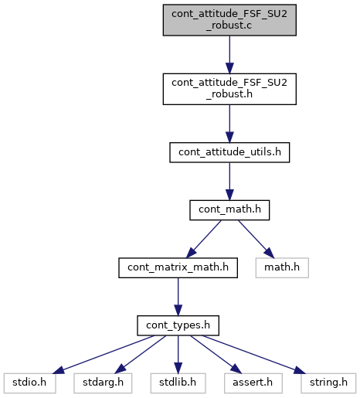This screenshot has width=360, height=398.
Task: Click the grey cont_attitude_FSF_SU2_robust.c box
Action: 229,20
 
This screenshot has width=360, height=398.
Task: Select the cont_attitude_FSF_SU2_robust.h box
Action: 229,89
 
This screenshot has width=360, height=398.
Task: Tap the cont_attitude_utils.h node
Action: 229,152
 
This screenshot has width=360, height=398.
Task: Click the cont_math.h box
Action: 229,210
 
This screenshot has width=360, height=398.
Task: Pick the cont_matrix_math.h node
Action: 178,268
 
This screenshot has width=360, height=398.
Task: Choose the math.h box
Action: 282,268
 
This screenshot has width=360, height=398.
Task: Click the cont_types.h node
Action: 178,325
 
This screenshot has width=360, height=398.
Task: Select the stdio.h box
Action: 29,383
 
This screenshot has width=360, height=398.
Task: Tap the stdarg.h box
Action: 103,383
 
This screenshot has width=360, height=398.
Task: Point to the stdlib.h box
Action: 178,383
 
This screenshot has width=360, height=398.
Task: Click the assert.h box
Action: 253,383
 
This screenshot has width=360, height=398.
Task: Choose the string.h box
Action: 328,383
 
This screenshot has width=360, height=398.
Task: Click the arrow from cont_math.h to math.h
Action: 256,239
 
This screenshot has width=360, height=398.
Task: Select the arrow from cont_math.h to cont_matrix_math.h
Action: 203,239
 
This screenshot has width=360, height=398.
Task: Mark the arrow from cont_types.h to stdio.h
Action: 104,355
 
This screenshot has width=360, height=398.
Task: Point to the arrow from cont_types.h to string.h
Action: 253,355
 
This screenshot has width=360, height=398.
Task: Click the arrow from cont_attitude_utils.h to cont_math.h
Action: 229,182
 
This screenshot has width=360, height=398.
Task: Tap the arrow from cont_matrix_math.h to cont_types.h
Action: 178,297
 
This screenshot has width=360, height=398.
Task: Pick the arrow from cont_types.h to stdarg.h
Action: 141,355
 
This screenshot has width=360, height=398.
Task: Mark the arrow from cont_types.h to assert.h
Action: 216,355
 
